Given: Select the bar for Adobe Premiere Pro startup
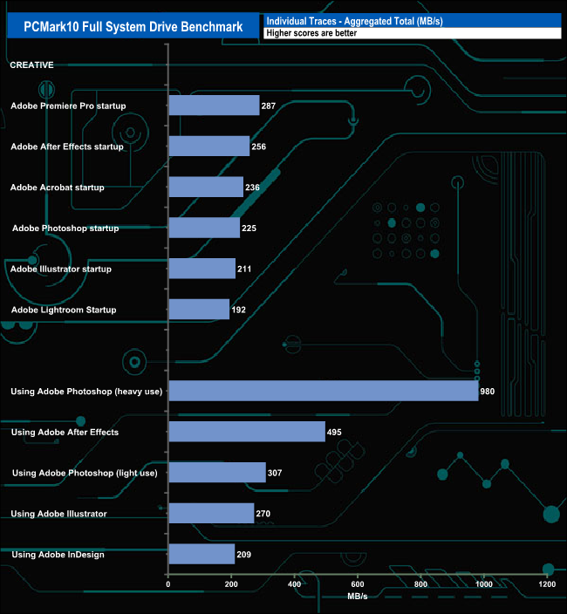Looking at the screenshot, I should point(214,106).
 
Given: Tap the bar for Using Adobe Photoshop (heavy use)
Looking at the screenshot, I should point(323,391).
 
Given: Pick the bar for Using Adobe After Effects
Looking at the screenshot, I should point(247,432).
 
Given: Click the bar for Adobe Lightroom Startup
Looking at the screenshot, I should point(199,310).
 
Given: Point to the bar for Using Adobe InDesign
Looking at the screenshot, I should point(202,554).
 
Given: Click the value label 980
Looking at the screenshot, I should point(488,392).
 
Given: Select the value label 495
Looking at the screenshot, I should point(335,432).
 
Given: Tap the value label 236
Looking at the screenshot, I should point(253,188).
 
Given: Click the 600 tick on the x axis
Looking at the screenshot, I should point(358,584).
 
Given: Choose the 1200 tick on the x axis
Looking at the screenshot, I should point(547,584).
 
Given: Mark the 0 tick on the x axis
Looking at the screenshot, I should point(168,584).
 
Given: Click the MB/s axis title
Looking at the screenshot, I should point(358,597).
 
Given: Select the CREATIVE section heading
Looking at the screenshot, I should point(31,65).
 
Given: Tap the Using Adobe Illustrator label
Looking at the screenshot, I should point(58,514).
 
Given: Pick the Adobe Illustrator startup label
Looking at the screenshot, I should point(60,269).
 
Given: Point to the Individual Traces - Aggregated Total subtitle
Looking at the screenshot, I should point(354,20).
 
